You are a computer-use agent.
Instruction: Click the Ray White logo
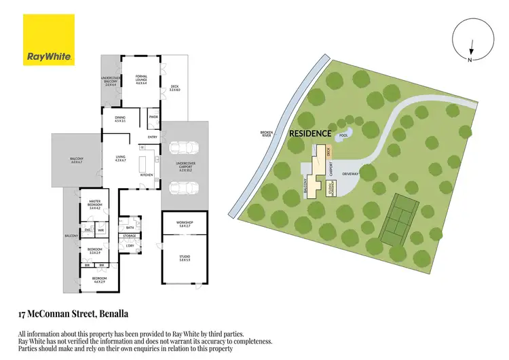pyautogui.click(x=50, y=42)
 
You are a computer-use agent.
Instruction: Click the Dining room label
pyautogui.click(x=120, y=120)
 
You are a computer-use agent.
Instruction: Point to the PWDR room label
pyautogui.click(x=153, y=116)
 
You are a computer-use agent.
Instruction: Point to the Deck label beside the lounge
pyautogui.click(x=175, y=87)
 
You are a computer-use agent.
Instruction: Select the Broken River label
pyautogui.click(x=266, y=133)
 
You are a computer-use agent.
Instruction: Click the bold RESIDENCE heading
pyautogui.click(x=310, y=134)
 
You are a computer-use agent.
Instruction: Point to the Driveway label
pyautogui.click(x=351, y=173)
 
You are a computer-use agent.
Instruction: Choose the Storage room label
pyautogui.click(x=129, y=236)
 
